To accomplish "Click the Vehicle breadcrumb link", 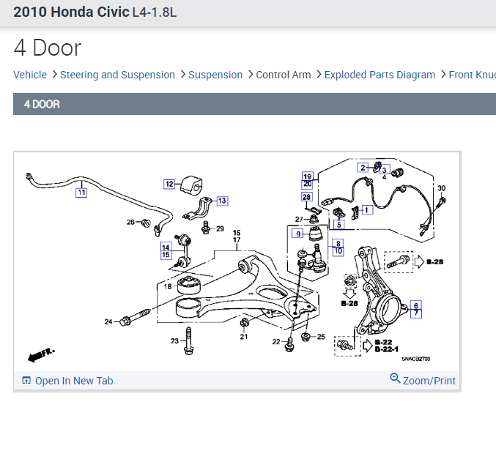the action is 30,75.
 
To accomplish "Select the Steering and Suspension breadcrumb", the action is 117,75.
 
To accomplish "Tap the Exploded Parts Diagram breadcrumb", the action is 380,75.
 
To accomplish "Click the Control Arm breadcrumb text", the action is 283,75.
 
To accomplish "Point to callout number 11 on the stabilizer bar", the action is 81,193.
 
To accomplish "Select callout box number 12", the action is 169,184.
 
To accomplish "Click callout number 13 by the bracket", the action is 221,201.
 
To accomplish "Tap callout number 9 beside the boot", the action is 297,234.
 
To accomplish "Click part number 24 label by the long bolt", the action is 108,321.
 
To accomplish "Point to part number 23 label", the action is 175,340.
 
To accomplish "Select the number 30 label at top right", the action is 441,188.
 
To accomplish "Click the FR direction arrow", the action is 41,355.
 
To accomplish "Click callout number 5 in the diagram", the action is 339,224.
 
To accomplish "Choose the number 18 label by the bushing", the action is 168,287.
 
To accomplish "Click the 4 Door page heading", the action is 48,48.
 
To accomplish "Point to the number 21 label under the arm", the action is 244,336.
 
